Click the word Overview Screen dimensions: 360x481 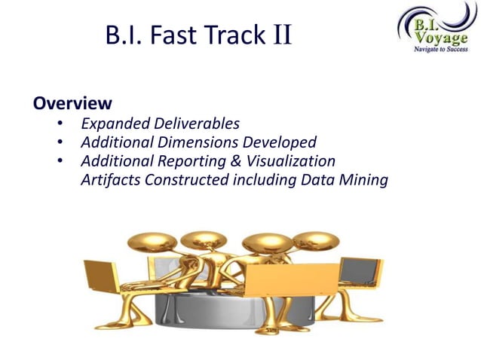(x=72, y=103)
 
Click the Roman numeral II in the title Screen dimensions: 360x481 (x=283, y=35)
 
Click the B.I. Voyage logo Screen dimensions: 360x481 (x=434, y=29)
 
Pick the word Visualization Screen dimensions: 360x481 (x=291, y=161)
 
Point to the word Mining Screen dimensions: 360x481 (x=363, y=180)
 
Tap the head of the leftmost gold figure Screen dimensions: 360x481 (x=143, y=243)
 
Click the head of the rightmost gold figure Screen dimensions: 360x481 (x=311, y=241)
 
